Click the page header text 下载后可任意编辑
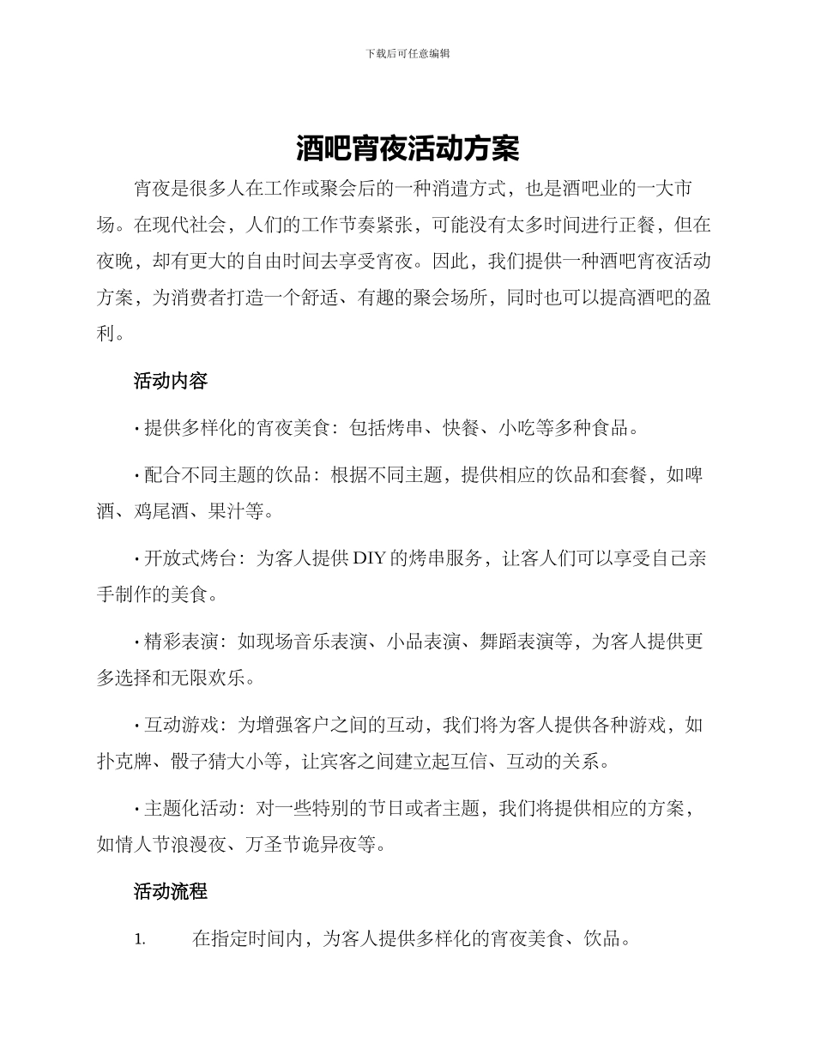coord(407,53)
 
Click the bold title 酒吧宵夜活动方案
coord(407,148)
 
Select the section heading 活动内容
coord(170,381)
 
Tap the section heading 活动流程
coord(170,891)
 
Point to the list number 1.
coord(140,940)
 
